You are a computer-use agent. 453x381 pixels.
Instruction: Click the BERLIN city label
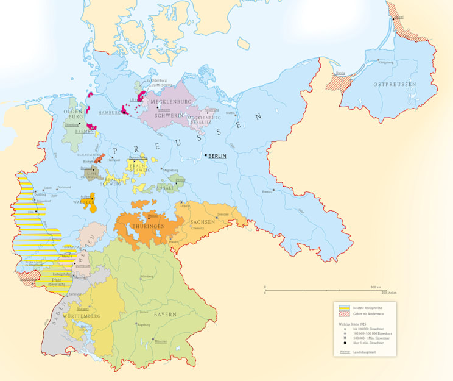coord(217,157)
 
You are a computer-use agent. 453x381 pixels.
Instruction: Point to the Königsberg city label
coord(386,62)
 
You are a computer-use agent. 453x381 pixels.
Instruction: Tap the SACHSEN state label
coord(203,222)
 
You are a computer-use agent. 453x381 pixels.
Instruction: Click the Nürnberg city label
coord(147,277)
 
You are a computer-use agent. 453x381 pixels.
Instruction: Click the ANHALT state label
coord(165,188)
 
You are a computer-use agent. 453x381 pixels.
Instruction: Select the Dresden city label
coord(223,214)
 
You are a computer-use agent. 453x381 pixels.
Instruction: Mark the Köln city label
coord(30,212)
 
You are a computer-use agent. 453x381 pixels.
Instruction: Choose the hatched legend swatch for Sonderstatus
coord(345,315)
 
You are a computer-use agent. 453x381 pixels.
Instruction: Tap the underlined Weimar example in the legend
coord(344,352)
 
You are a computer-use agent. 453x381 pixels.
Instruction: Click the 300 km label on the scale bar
coord(375,287)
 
